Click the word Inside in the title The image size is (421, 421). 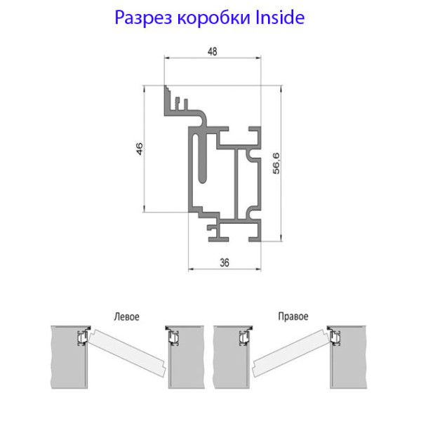click(x=279, y=17)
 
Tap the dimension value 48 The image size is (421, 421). click(x=213, y=51)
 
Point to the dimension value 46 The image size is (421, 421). click(x=140, y=149)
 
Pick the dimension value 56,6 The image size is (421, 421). click(x=276, y=163)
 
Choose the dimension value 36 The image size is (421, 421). click(x=225, y=262)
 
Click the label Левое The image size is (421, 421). click(x=127, y=316)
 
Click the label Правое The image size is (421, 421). click(x=293, y=316)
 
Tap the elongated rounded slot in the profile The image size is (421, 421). click(x=202, y=159)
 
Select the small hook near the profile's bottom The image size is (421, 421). click(x=212, y=227)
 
